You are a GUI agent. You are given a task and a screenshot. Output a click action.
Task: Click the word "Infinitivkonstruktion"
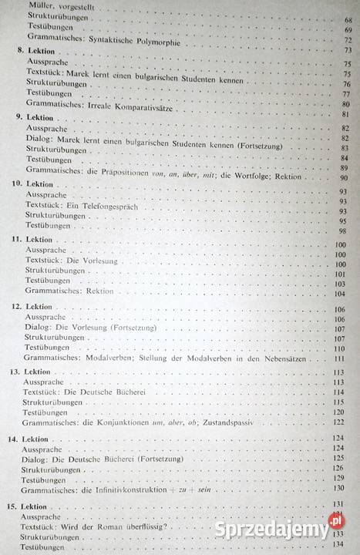150,488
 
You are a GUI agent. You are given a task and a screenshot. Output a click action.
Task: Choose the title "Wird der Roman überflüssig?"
126,527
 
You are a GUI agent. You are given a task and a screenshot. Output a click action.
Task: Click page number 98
346,230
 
